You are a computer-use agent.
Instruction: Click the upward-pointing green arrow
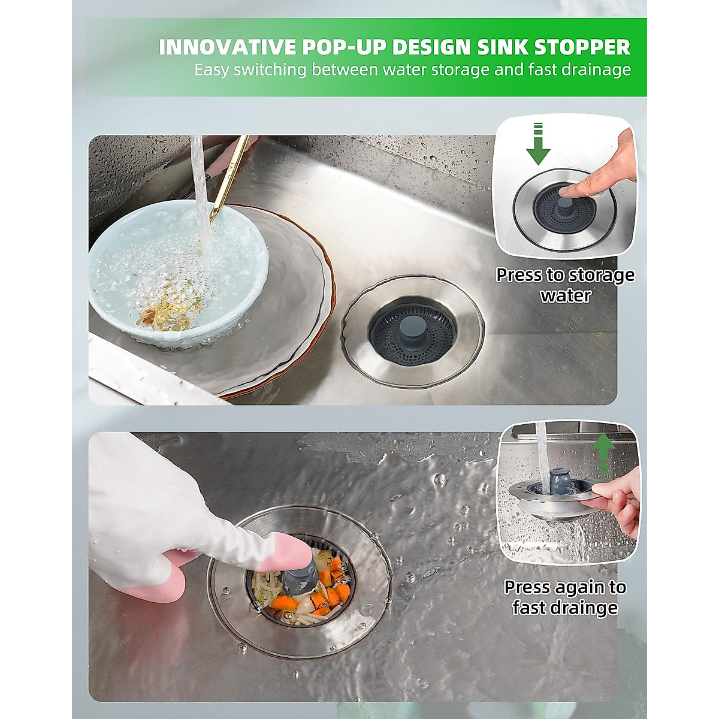click(605, 452)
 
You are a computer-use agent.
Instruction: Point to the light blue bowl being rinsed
click(174, 270)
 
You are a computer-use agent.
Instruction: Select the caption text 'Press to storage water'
click(565, 285)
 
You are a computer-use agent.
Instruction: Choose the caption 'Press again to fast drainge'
click(565, 597)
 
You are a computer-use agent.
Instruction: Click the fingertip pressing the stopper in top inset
click(569, 191)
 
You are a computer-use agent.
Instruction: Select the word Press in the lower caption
click(527, 587)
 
